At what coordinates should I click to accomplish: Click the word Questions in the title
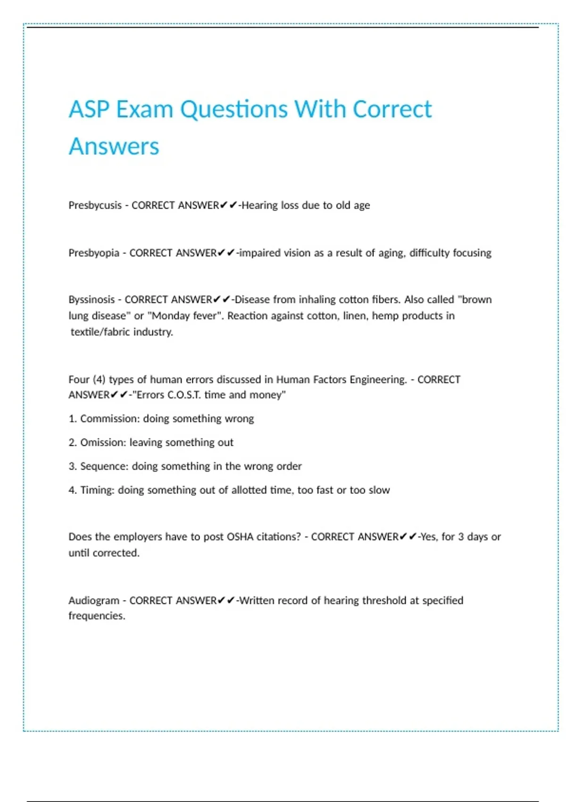click(234, 110)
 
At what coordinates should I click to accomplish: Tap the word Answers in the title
click(114, 146)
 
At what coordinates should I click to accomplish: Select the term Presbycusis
click(95, 206)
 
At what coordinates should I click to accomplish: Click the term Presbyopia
click(94, 253)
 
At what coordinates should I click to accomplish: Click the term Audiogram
click(93, 601)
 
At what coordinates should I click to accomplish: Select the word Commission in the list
click(109, 419)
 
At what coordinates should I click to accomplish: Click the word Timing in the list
click(97, 490)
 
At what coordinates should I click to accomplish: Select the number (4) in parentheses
click(99, 380)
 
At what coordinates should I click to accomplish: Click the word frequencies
click(97, 616)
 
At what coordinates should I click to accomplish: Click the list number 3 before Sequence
click(72, 467)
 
